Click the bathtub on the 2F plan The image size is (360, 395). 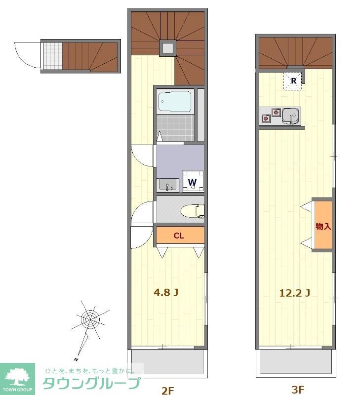[x=175, y=101]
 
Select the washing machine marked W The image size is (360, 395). [x=193, y=181]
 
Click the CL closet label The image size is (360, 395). [x=179, y=236]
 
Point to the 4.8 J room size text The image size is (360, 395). [x=166, y=292]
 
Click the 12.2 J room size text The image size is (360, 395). [x=295, y=293]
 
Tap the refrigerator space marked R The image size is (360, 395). [x=293, y=81]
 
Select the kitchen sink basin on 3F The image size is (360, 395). [x=291, y=116]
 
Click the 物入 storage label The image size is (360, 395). [x=323, y=226]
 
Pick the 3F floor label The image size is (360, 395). [x=298, y=390]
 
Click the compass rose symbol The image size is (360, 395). [x=90, y=320]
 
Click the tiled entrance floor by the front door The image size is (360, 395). [x=53, y=56]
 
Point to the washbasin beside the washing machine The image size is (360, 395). [x=167, y=185]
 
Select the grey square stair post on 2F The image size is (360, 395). [x=167, y=48]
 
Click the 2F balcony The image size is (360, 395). [x=167, y=362]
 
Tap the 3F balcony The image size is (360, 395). [x=295, y=361]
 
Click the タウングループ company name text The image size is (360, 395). [x=91, y=383]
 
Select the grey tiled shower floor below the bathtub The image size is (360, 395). [x=175, y=128]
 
